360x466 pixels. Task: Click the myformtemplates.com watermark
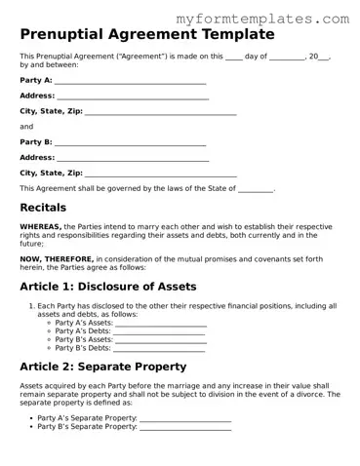pyautogui.click(x=263, y=19)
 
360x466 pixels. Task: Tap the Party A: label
pyautogui.click(x=36, y=80)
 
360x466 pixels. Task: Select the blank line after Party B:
pyautogui.click(x=130, y=142)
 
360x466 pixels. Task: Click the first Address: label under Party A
pyautogui.click(x=37, y=96)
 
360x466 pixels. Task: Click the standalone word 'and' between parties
pyautogui.click(x=26, y=127)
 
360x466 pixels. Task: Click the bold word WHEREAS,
pyautogui.click(x=40, y=226)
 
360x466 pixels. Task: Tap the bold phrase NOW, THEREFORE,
pyautogui.click(x=51, y=258)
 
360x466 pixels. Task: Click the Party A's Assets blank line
pyautogui.click(x=160, y=324)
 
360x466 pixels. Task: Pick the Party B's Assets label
pyautogui.click(x=83, y=339)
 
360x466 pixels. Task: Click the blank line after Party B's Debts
pyautogui.click(x=159, y=347)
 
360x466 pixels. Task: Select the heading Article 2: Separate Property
pyautogui.click(x=103, y=367)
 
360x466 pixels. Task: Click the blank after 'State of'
pyautogui.click(x=256, y=188)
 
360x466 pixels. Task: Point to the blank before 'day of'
pyautogui.click(x=233, y=57)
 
